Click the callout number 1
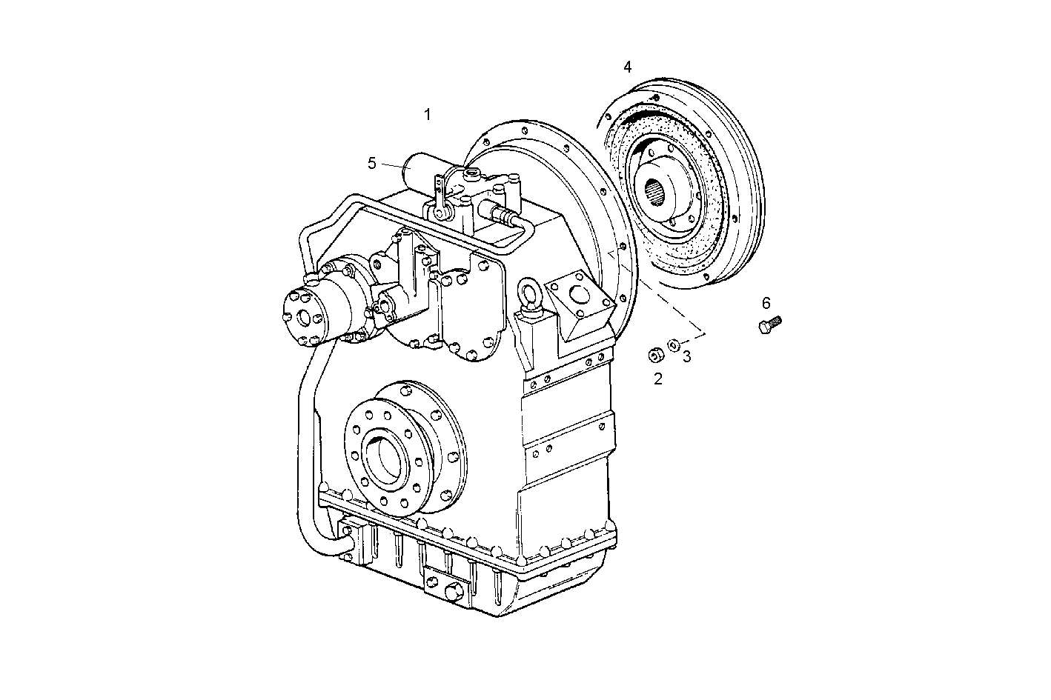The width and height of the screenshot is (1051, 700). pyautogui.click(x=427, y=114)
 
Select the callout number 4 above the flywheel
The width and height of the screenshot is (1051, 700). pyautogui.click(x=628, y=67)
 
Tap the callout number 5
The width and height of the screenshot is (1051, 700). pyautogui.click(x=372, y=163)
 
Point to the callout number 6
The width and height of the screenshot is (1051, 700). pyautogui.click(x=766, y=302)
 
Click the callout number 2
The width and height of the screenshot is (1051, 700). pyautogui.click(x=657, y=379)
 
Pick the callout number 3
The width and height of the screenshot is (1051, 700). pyautogui.click(x=687, y=356)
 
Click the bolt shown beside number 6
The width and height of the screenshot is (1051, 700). pyautogui.click(x=770, y=324)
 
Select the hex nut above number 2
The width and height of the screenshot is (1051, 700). pyautogui.click(x=654, y=355)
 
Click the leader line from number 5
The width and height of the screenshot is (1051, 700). pyautogui.click(x=393, y=165)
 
